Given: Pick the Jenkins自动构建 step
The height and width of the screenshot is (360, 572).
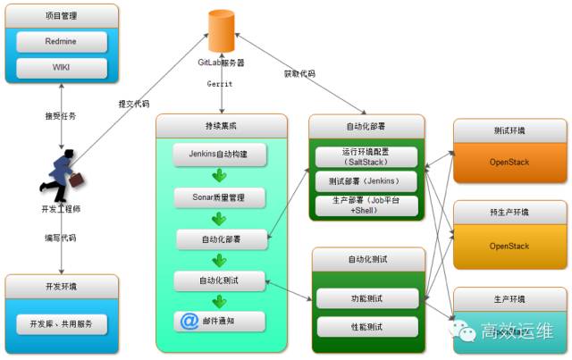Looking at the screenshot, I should point(219,153).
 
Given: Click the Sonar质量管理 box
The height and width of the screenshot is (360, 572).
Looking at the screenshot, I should point(219,196).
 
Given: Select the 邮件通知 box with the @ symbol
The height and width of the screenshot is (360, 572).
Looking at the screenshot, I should point(219,322).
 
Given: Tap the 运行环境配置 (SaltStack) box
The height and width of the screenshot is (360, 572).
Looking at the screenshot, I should point(367,155).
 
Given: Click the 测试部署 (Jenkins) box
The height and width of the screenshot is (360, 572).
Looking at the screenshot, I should point(367,180).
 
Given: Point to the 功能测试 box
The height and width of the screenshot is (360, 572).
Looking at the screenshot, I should point(367,298).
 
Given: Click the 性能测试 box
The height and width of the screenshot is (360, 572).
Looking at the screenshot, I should point(367,326).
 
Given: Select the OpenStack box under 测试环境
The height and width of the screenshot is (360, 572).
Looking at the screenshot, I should point(509,163).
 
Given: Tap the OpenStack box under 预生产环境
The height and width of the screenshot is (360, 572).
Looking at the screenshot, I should point(509,246).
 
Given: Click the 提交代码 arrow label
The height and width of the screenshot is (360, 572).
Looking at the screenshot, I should point(134,104).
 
